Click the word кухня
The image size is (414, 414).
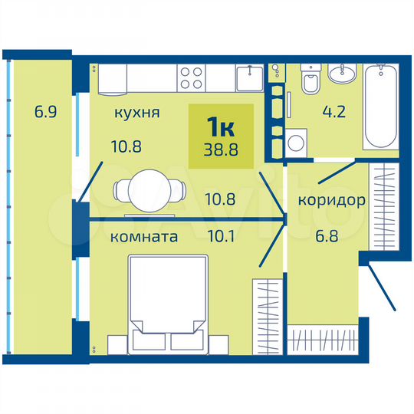136,113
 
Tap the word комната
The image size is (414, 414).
145,237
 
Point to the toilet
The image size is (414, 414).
310,81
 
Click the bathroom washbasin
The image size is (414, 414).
343,74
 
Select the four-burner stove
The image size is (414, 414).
192,77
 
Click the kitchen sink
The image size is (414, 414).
249,77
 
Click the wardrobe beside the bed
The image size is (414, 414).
267,315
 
